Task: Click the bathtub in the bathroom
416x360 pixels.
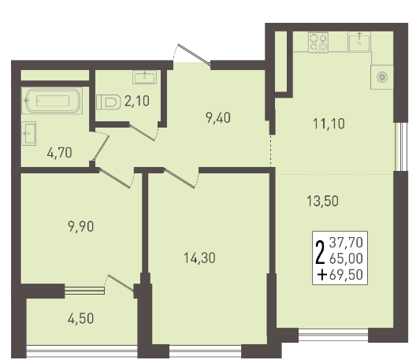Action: [x=52, y=101]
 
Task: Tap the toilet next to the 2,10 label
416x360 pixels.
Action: [x=107, y=102]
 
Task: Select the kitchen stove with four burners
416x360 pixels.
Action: [x=318, y=43]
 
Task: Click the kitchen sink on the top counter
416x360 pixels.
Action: [x=359, y=42]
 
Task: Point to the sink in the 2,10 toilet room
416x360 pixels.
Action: [x=145, y=77]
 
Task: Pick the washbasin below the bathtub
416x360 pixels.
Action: [x=28, y=133]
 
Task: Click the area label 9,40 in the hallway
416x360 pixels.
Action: [x=218, y=117]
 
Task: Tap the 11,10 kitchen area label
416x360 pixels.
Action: [x=329, y=124]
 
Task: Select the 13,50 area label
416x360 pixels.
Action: [x=322, y=201]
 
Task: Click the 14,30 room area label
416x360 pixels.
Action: [x=199, y=258]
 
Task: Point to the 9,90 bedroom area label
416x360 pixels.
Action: [x=81, y=227]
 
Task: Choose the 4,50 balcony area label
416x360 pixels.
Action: [x=80, y=318]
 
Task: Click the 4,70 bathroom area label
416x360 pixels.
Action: [x=59, y=153]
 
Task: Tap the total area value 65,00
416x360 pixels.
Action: [x=346, y=258]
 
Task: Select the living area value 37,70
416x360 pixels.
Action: [x=346, y=243]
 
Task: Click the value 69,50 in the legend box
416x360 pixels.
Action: [x=346, y=275]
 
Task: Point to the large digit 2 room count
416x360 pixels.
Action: [x=320, y=252]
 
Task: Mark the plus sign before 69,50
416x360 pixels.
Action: [x=322, y=275]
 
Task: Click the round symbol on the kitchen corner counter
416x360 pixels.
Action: [x=382, y=77]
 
